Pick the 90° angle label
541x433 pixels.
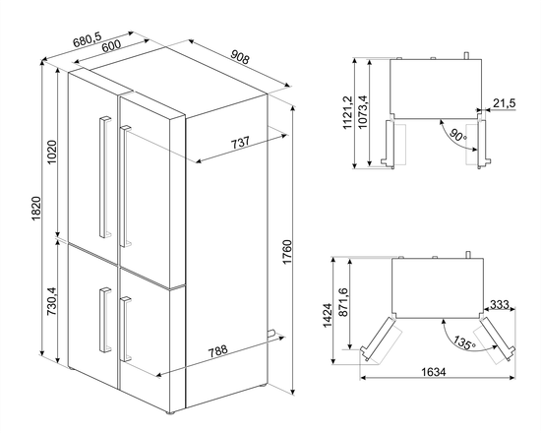coord(458,135)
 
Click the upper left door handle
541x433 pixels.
coord(101,167)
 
